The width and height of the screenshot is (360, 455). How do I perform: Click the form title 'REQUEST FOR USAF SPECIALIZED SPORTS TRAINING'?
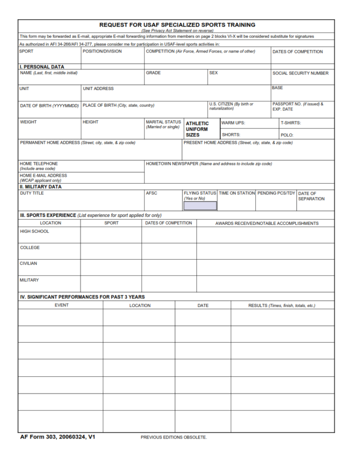tap(177, 25)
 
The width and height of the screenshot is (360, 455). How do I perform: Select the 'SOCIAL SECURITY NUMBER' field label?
tap(300, 73)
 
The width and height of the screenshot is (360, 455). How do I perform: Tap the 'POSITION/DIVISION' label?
tap(102, 52)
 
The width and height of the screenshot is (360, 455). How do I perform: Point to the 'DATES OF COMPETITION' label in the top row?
tap(297, 52)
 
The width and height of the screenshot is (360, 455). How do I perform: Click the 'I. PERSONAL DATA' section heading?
tap(42, 67)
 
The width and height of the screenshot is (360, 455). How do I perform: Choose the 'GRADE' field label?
tap(153, 73)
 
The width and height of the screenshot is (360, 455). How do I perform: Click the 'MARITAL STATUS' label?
tap(163, 122)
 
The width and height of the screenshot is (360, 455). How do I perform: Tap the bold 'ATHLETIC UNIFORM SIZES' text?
tap(197, 129)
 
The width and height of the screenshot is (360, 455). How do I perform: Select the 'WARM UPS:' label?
tap(233, 123)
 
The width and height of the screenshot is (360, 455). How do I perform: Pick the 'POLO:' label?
tap(287, 135)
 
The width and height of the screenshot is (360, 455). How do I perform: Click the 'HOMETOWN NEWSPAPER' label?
tap(172, 164)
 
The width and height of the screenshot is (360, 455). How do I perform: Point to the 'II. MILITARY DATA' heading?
tap(40, 186)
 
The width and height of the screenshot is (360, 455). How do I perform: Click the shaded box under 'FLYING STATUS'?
tap(200, 206)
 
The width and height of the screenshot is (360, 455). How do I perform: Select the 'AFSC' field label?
tap(151, 193)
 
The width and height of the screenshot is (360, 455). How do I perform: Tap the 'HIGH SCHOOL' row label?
tap(34, 231)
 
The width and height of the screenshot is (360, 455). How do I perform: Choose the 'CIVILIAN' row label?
tap(28, 263)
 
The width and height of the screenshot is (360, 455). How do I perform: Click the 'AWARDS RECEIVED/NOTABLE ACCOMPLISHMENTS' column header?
tap(267, 224)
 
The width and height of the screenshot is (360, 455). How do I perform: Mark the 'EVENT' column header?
tap(61, 306)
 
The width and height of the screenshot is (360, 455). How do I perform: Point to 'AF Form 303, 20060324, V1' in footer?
tap(58, 437)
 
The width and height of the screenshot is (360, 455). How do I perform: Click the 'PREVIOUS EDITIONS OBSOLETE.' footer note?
tap(173, 437)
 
